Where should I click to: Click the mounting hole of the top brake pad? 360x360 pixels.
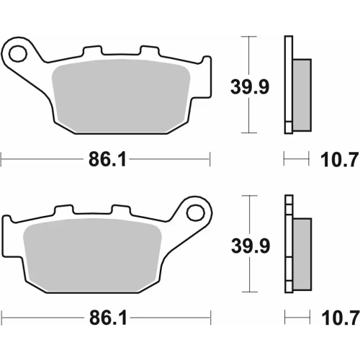(18, 53)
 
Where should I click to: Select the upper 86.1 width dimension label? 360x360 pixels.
(107, 161)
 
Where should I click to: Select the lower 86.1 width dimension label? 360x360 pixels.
(107, 318)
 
